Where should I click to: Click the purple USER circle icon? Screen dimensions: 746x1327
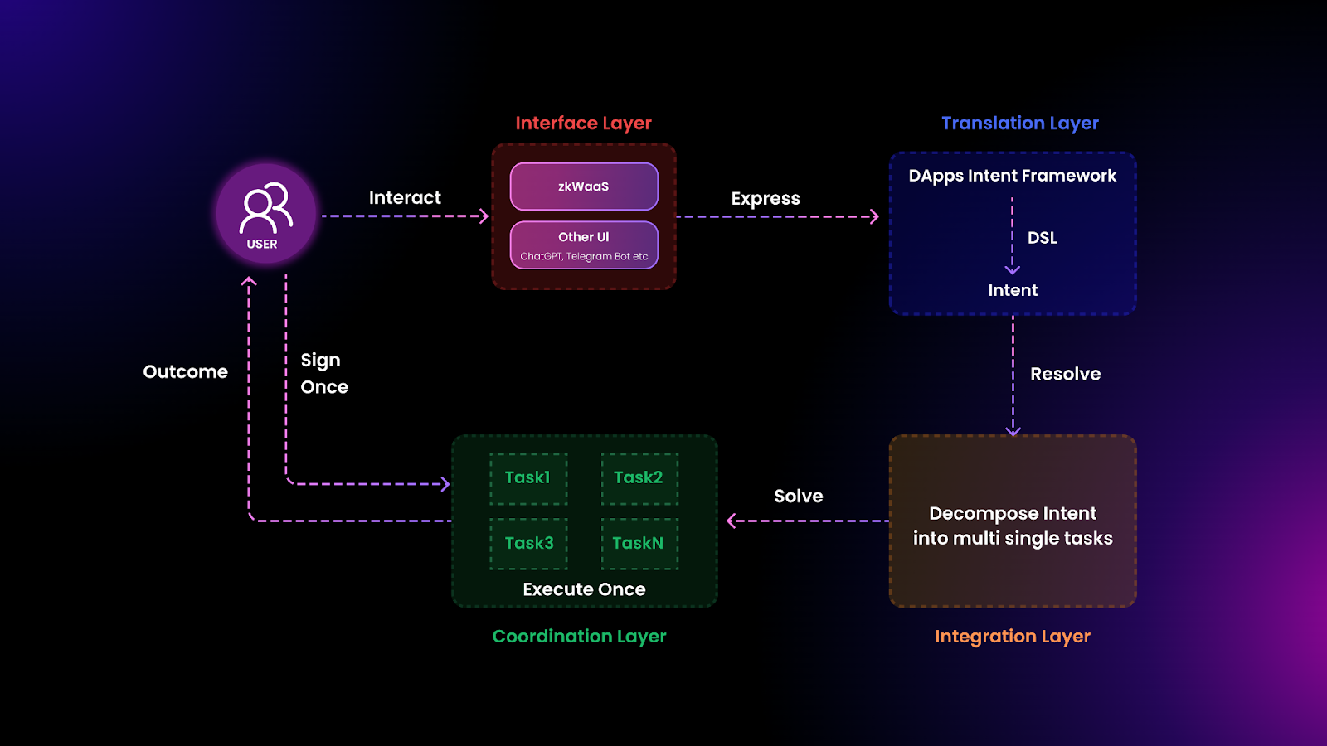click(265, 214)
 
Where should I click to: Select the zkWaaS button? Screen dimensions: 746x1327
click(584, 186)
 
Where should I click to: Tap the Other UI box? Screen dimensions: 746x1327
click(584, 245)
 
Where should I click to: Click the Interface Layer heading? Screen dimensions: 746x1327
click(583, 124)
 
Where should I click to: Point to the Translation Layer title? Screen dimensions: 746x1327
click(1019, 124)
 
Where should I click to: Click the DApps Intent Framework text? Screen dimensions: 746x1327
click(1012, 176)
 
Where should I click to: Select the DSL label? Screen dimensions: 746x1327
click(1042, 238)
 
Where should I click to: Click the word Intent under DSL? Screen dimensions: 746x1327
click(1013, 291)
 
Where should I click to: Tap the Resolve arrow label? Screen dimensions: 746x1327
click(1065, 374)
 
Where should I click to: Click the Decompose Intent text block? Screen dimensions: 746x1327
click(1013, 526)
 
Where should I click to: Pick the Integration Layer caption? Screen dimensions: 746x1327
click(1012, 637)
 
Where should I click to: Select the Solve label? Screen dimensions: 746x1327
click(798, 497)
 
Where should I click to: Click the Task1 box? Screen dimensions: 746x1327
click(528, 478)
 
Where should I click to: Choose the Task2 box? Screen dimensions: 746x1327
click(639, 478)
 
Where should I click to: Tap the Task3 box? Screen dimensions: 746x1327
click(528, 544)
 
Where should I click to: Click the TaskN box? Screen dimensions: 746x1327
click(639, 544)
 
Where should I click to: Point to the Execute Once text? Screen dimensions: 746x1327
click(584, 589)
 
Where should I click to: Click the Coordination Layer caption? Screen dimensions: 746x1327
click(579, 637)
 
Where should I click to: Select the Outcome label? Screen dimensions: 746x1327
click(185, 372)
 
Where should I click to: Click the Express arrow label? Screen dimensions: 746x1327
click(765, 199)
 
